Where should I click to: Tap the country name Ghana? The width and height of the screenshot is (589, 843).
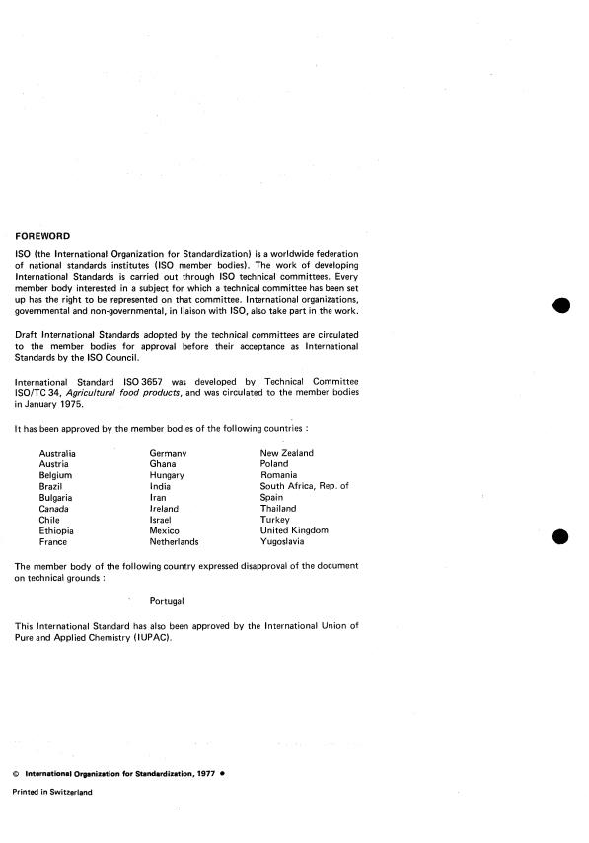pos(164,463)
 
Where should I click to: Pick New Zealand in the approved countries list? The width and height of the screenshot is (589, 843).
pos(286,453)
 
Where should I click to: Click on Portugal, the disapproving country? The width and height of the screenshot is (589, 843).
pos(167,600)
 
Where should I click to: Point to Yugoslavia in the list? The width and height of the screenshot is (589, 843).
pos(283,542)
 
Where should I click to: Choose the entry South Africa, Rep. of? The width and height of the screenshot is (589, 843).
pos(304,486)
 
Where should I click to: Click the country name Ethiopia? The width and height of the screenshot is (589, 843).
pos(57,531)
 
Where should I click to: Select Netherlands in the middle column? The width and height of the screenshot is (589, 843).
pos(174,542)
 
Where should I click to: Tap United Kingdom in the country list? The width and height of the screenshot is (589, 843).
pos(294,531)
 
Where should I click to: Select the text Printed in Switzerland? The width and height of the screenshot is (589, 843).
pos(51,792)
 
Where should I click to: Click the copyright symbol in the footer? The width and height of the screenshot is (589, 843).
pos(17,772)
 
